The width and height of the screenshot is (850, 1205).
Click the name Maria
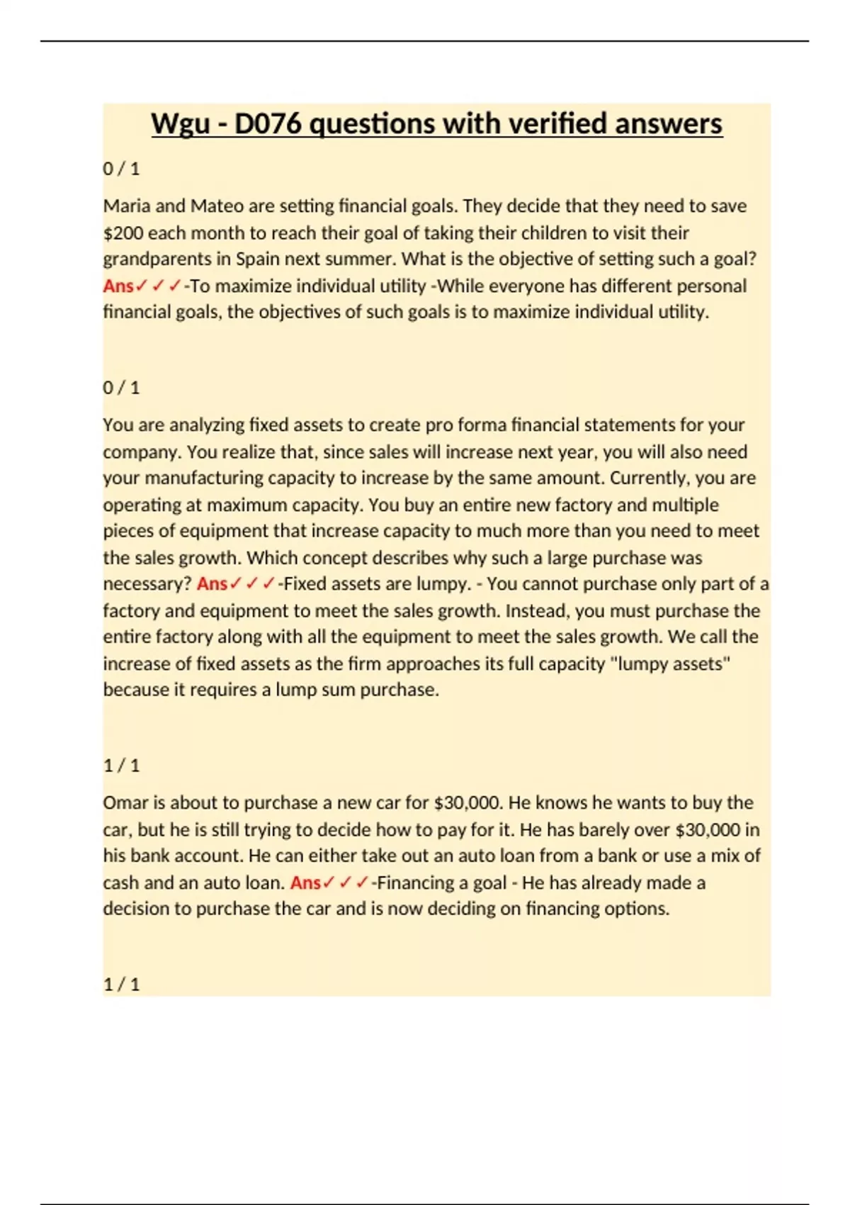126,206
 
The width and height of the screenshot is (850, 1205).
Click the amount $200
123,233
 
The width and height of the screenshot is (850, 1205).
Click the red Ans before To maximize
118,286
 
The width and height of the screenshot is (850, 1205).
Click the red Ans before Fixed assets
212,584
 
